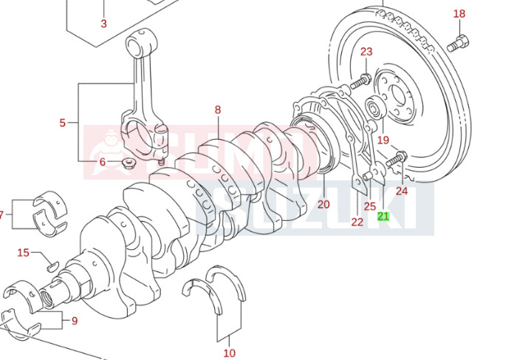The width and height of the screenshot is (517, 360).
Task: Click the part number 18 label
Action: [x=459, y=13]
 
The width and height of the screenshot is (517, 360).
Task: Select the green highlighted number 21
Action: [x=383, y=217]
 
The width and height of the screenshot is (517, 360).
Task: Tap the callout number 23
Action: [x=366, y=52]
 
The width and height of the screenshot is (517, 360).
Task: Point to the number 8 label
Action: [x=218, y=109]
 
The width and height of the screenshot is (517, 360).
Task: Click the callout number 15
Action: [x=24, y=253]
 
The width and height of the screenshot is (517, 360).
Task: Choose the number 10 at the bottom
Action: [x=229, y=353]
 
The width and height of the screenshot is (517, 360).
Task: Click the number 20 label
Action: [x=323, y=204]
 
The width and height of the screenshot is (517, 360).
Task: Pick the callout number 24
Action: [x=401, y=191]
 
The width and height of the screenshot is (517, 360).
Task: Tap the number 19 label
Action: [x=383, y=140]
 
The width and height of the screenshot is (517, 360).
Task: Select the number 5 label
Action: [x=63, y=123]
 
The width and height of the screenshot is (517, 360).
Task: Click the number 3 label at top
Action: [x=103, y=23]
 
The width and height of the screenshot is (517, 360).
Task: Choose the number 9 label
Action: [x=74, y=321]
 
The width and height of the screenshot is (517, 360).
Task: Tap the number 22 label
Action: [x=357, y=221]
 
